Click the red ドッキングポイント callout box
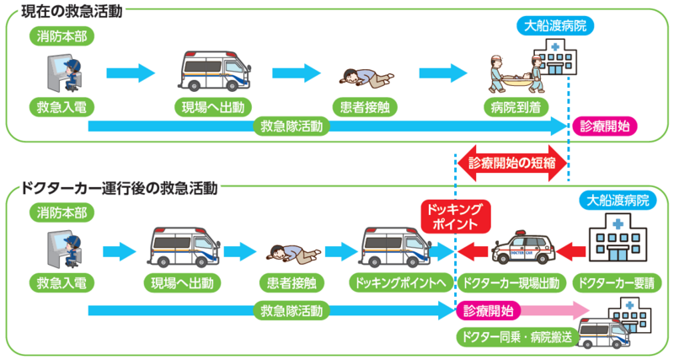pyautogui.click(x=454, y=217)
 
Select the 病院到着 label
pyautogui.click(x=513, y=107)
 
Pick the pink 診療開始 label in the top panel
pyautogui.click(x=604, y=126)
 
